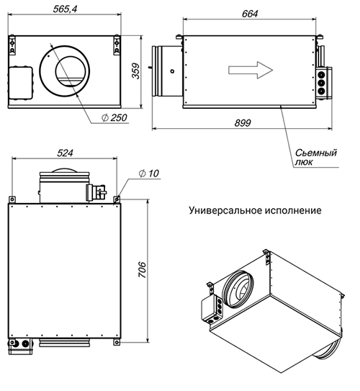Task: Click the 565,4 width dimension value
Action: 65,9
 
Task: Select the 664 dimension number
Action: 250,14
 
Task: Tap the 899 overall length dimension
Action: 243,123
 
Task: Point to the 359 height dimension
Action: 136,71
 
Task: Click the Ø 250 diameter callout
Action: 114,117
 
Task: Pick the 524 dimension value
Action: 65,153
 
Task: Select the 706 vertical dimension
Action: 143,270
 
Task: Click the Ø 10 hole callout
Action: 148,174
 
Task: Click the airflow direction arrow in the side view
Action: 251,70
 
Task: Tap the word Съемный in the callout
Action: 316,153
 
